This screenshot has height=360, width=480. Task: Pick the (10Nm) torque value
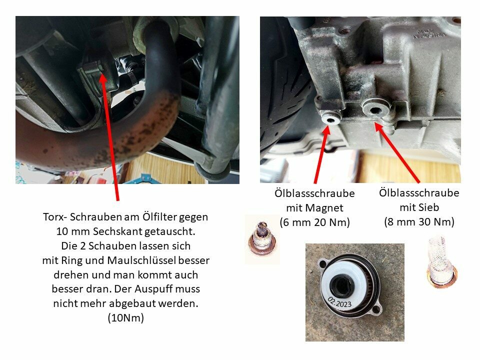coord(126,318)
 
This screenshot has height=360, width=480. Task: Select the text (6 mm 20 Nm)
coord(314,222)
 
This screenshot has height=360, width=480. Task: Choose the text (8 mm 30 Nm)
coord(419,221)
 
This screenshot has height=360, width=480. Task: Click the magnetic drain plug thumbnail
coord(261,239)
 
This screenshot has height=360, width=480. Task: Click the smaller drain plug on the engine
coord(330,119)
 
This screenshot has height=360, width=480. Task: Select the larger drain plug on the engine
coord(375,109)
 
